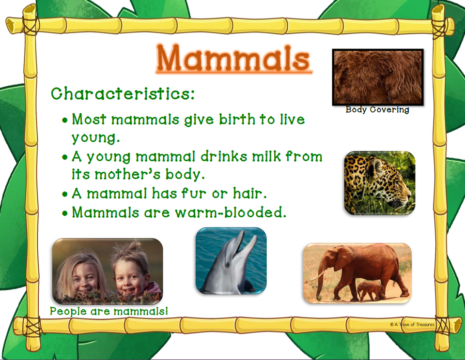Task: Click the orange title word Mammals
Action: (x=233, y=58)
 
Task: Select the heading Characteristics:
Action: (x=123, y=93)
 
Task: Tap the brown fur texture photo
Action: (x=378, y=77)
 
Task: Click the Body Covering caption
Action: (x=377, y=110)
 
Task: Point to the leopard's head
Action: (x=387, y=181)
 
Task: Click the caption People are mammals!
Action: (x=109, y=311)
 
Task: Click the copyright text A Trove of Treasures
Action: (x=412, y=325)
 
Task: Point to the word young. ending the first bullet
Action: (x=95, y=138)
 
